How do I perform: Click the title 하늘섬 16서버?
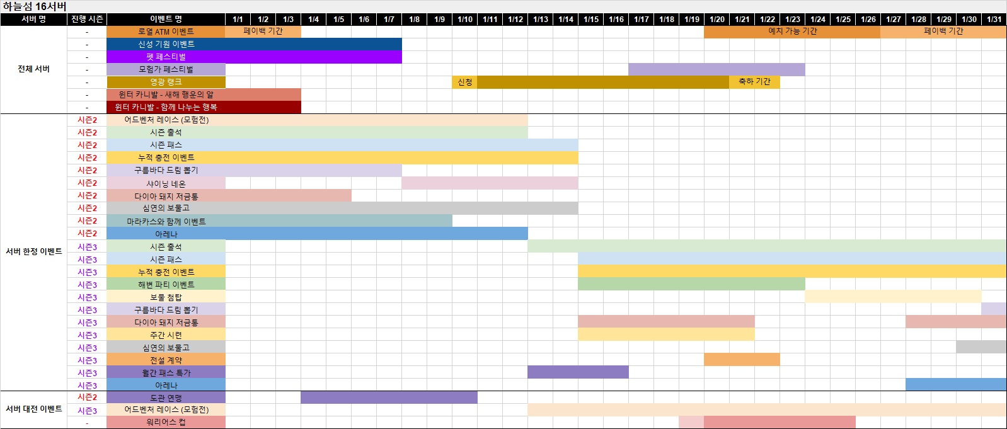[x=35, y=6]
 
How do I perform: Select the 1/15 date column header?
[x=590, y=20]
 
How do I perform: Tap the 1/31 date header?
[x=994, y=20]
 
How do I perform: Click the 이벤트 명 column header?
[x=166, y=20]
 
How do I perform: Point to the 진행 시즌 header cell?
[x=87, y=20]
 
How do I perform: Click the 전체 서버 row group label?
[x=33, y=69]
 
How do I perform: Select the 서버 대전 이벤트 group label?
[x=33, y=409]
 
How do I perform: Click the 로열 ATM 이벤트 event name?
[x=166, y=31]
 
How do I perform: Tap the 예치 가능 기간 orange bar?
[x=792, y=31]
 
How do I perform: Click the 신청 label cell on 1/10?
[x=464, y=82]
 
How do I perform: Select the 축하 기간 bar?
[x=754, y=82]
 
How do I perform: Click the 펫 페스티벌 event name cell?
[x=166, y=57]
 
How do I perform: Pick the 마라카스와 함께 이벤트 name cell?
[x=166, y=221]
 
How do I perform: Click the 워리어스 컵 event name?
[x=166, y=422]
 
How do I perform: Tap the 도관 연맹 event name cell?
[x=166, y=398]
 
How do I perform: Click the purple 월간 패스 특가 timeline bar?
[x=578, y=372]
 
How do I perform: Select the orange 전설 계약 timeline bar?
[x=742, y=360]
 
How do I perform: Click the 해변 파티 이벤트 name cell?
[x=166, y=284]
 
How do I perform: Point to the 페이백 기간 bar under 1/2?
[x=263, y=31]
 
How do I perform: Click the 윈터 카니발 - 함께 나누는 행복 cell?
[x=166, y=107]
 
